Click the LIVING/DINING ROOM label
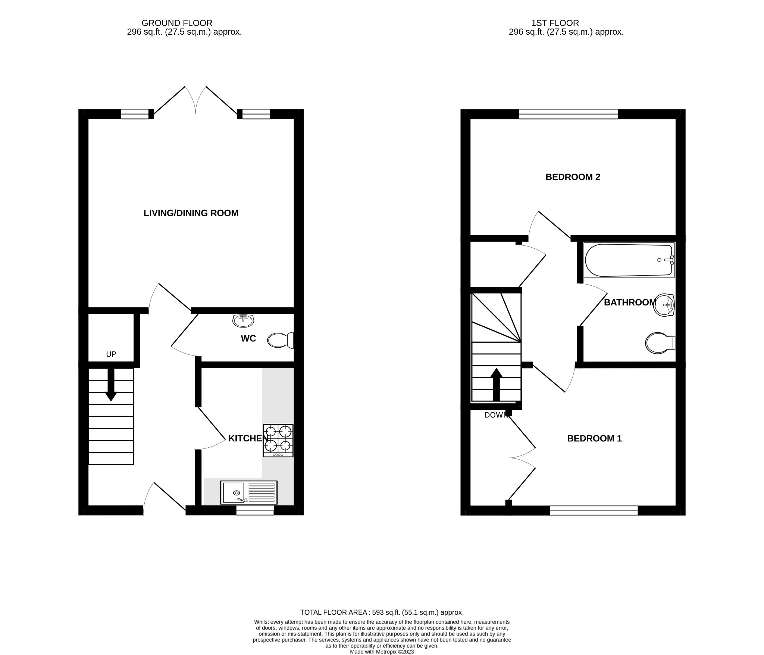(191, 213)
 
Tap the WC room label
(248, 338)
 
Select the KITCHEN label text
(248, 438)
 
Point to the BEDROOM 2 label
(573, 177)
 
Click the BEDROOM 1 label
(594, 438)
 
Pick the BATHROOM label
(630, 302)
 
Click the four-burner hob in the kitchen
(278, 440)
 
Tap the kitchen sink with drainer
(249, 492)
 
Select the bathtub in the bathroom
(629, 260)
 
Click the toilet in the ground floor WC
(280, 340)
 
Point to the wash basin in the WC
(243, 320)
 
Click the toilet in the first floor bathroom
(660, 343)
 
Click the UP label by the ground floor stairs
(111, 354)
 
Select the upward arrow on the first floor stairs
(496, 384)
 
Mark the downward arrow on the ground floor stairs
(111, 385)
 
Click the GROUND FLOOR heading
(177, 23)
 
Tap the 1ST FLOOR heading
(555, 23)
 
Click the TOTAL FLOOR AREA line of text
(382, 612)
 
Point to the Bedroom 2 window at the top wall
(568, 114)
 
